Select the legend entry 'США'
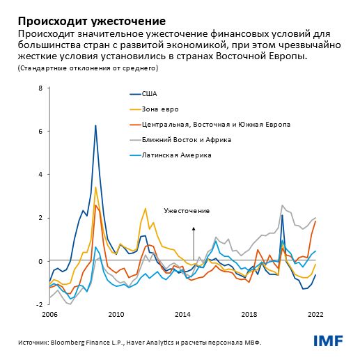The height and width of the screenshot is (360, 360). pos(149,93)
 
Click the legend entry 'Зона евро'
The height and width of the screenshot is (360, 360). pos(159,109)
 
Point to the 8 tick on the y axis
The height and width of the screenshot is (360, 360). pos(40,88)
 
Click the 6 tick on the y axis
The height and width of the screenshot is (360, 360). pos(40,131)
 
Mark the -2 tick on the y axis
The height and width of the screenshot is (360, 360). pos(40,304)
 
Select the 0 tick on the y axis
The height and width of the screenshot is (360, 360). pos(40,261)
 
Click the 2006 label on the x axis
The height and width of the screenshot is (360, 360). pos(50,315)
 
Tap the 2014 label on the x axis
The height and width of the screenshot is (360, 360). pos(183,315)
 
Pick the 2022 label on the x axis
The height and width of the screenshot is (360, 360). pos(316,315)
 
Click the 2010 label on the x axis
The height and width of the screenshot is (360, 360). pos(116,315)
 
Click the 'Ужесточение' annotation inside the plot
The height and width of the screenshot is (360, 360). pos(186,210)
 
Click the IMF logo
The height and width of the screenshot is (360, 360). pos(327,341)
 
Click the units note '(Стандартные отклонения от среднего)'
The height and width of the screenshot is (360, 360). pos(84,68)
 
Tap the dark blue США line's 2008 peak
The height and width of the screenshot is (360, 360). pos(95,126)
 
